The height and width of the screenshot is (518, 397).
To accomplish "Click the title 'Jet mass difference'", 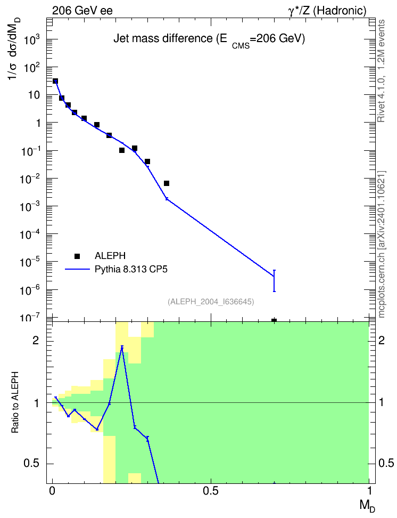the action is (x=163, y=39).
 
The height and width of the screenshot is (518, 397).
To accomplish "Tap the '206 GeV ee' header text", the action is (x=82, y=11).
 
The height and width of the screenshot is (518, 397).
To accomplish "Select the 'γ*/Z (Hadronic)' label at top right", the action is (x=327, y=11).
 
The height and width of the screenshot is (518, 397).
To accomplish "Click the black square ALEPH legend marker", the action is (x=77, y=256).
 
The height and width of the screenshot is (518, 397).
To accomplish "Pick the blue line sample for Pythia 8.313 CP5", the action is (x=77, y=270).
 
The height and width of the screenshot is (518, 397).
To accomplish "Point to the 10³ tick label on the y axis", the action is (x=32, y=40).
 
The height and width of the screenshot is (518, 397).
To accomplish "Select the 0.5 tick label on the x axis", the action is (x=211, y=491).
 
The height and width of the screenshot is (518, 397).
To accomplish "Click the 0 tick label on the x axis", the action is (x=52, y=491).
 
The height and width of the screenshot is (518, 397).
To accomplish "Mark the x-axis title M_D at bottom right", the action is (x=367, y=506).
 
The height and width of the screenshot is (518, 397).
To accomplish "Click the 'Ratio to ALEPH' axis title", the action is (x=15, y=402).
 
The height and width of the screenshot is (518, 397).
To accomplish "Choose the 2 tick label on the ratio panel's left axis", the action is (x=36, y=341).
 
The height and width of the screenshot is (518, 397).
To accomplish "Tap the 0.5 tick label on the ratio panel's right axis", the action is (x=386, y=464).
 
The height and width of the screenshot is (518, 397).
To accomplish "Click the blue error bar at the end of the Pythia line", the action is (x=274, y=280).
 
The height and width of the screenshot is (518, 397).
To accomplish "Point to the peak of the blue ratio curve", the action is (x=122, y=346).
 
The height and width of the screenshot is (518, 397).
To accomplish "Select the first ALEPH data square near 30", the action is (x=55, y=81).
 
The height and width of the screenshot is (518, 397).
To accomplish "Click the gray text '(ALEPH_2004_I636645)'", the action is (x=211, y=302).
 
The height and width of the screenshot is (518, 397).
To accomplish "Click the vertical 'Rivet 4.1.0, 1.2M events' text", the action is (x=381, y=71).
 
